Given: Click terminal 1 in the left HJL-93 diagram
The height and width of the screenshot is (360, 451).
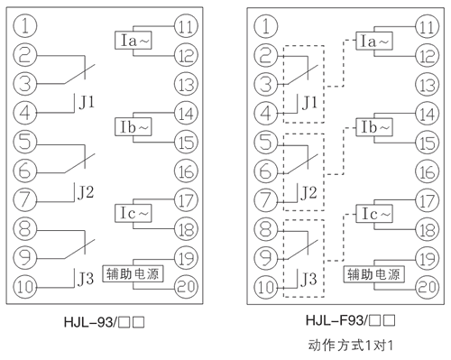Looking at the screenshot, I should pos(28,24).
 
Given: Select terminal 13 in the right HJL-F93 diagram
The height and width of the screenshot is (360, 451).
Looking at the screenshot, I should pos(425,86).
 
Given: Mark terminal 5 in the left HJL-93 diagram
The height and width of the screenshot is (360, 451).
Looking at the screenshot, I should pos(28,142).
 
